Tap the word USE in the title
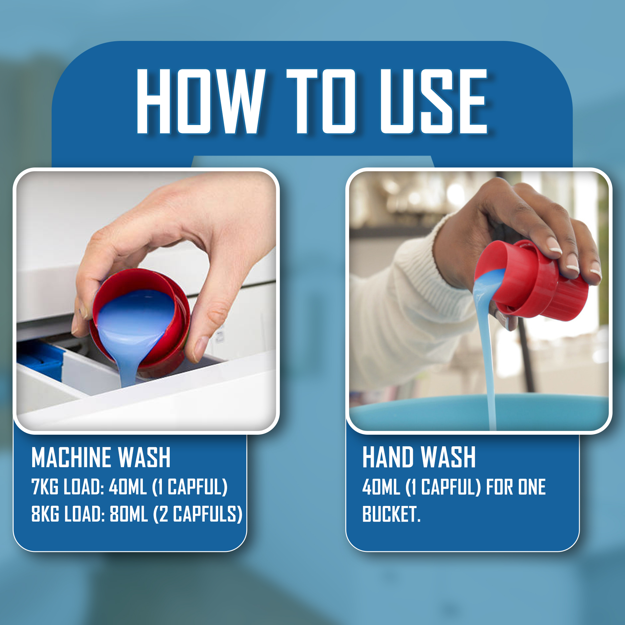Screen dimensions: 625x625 pos(434,101)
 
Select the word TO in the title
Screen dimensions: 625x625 pos(321,101)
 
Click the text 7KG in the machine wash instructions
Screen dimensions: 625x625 pos(45,487)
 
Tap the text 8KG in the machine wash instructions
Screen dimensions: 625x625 pos(45,514)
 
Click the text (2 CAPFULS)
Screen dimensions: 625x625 pos(198,514)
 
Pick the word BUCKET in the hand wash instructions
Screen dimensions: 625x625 pos(389,514)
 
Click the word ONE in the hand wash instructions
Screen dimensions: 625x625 pos(532,487)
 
